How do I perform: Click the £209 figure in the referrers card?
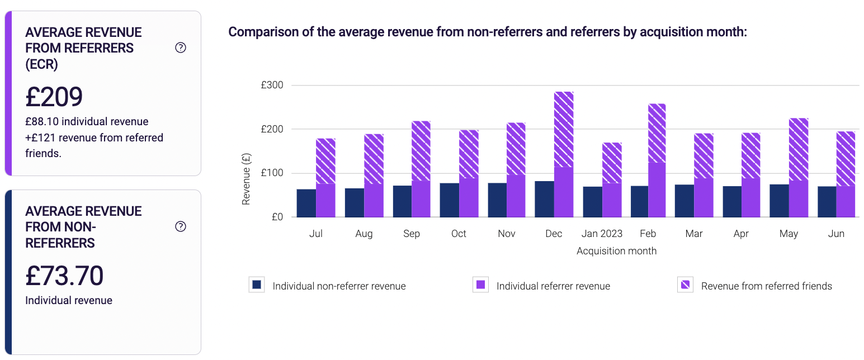(54, 97)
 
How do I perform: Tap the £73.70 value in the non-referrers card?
(64, 276)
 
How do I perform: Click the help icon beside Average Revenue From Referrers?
(181, 48)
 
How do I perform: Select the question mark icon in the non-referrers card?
(181, 226)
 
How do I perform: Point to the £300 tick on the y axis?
(272, 86)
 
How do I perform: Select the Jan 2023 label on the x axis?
(602, 234)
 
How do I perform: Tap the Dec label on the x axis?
(554, 234)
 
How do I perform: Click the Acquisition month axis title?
(616, 251)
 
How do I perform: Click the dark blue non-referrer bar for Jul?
(306, 203)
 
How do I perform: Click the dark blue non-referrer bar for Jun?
(827, 202)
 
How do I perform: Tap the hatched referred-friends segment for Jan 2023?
(611, 163)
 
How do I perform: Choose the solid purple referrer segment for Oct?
(469, 197)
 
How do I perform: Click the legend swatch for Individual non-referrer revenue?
(257, 285)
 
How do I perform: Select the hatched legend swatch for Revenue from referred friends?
(685, 285)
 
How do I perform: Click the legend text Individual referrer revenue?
(553, 286)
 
